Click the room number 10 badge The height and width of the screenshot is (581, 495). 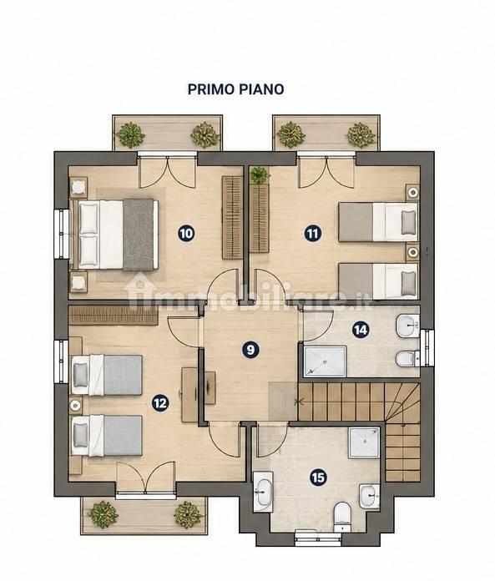click(x=186, y=234)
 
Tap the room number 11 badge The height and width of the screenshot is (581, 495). click(x=313, y=234)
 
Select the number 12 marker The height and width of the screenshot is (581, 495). click(x=160, y=402)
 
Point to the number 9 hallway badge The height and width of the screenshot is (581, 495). click(x=250, y=350)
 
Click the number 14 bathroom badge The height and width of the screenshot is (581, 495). click(x=361, y=330)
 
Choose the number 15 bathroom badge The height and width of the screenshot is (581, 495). click(x=318, y=477)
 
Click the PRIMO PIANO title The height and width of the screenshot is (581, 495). click(x=235, y=89)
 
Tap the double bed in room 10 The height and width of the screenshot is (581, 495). click(x=114, y=235)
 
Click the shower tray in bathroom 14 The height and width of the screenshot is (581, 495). click(x=326, y=361)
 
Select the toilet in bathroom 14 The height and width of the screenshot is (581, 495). click(x=407, y=358)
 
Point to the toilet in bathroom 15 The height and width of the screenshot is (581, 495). click(x=341, y=516)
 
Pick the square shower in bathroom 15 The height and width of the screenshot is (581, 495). click(x=365, y=442)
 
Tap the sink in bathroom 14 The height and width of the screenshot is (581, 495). click(x=408, y=326)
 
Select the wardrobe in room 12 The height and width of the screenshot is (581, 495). click(x=114, y=316)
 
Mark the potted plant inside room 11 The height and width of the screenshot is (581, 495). click(x=260, y=175)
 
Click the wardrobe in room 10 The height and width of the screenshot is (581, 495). click(x=232, y=218)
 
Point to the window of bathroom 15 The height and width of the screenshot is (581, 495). click(x=318, y=536)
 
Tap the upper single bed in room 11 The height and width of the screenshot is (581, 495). click(x=378, y=222)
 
